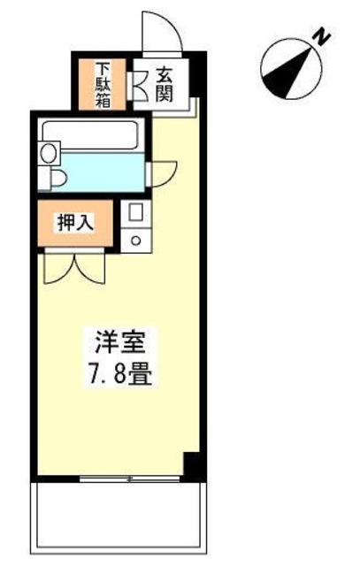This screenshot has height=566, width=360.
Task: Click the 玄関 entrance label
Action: coord(167,83)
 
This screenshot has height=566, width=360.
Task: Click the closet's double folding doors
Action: coord(74,266)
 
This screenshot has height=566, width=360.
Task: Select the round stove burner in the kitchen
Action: coord(136,238)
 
